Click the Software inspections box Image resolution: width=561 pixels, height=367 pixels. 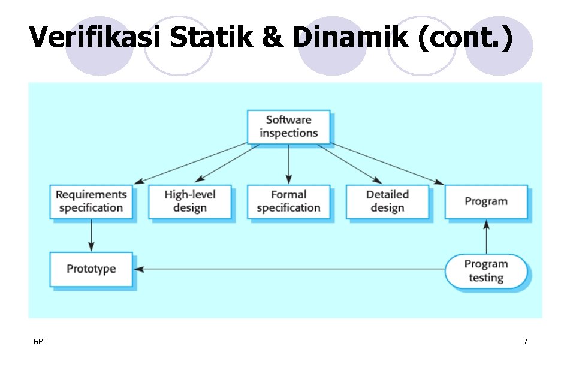(x=288, y=126)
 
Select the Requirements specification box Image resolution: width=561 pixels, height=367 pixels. (x=91, y=201)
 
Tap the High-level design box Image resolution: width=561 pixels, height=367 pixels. (x=189, y=201)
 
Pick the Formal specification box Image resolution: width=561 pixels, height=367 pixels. (x=288, y=201)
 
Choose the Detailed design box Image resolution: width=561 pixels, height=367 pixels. (x=387, y=201)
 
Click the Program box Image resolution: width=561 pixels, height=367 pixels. (x=485, y=201)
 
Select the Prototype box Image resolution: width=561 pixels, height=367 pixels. (x=91, y=269)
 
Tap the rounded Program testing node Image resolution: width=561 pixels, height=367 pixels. (x=485, y=271)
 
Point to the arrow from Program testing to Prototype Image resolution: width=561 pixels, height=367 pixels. (x=288, y=269)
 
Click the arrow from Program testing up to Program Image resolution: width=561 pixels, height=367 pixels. (x=486, y=236)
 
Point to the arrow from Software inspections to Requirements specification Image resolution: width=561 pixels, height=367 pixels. (x=192, y=163)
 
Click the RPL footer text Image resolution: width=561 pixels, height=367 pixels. (x=41, y=342)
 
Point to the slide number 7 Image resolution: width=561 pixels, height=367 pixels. (x=526, y=342)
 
